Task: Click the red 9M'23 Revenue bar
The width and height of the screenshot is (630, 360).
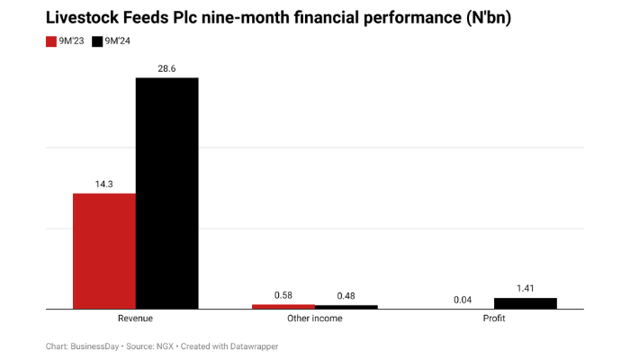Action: tap(104, 251)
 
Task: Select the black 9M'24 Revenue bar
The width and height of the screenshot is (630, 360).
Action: tap(166, 193)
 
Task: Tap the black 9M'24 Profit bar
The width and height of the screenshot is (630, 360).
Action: tap(526, 303)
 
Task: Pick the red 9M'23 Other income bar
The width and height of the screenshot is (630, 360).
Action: tap(283, 307)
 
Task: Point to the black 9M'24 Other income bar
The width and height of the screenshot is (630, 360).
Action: tap(346, 307)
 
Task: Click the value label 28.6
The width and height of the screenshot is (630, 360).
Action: tap(166, 67)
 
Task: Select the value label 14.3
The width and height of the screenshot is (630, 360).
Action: tap(104, 184)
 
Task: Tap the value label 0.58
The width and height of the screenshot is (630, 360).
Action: tap(283, 295)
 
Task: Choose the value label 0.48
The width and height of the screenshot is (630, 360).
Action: tap(346, 296)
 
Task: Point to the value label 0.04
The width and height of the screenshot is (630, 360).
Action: tap(463, 300)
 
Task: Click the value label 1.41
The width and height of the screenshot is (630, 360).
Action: tap(526, 288)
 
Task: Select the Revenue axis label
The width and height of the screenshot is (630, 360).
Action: tap(135, 319)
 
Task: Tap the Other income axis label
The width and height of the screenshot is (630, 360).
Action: tap(314, 319)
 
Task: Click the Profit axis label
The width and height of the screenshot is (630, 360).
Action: tap(493, 319)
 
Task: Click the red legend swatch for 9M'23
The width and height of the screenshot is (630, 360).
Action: tap(51, 41)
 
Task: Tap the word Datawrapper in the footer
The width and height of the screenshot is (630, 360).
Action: tap(265, 346)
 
